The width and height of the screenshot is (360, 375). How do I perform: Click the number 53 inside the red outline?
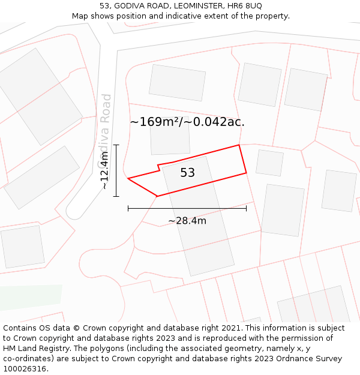187,173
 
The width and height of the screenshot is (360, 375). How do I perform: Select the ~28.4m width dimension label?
187,221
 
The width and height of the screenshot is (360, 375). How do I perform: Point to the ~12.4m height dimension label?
104,171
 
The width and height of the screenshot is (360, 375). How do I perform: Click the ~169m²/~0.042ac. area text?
187,122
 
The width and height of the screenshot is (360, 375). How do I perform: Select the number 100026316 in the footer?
25,368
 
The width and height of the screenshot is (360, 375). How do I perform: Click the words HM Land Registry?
32,348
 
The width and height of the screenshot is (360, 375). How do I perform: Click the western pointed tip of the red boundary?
128,178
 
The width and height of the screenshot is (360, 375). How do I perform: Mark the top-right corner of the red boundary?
239,145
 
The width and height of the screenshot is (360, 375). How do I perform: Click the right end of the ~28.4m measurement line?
246,208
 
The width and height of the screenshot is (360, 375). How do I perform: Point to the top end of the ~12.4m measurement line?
116,145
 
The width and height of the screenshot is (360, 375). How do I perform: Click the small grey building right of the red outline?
269,163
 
